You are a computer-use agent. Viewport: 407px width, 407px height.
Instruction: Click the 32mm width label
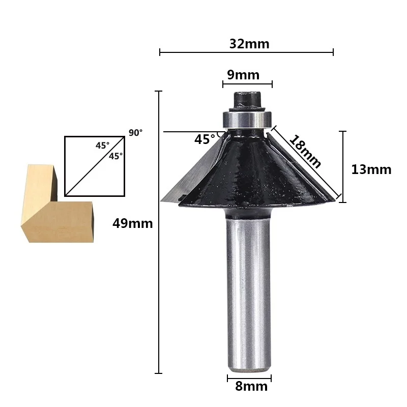pyautogui.click(x=249, y=44)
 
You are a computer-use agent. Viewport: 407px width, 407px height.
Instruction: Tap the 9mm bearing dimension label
pyautogui.click(x=243, y=75)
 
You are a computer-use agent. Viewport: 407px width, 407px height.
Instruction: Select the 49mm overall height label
pyautogui.click(x=132, y=223)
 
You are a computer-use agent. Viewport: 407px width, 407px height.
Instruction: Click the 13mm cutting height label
pyautogui.click(x=371, y=169)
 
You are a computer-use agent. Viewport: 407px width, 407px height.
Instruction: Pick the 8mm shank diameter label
pyautogui.click(x=251, y=387)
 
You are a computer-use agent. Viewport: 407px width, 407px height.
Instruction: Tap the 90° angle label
pyautogui.click(x=135, y=133)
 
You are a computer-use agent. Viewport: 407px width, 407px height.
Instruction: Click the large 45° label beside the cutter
pyautogui.click(x=205, y=139)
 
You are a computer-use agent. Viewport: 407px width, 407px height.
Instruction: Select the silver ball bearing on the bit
pyautogui.click(x=246, y=119)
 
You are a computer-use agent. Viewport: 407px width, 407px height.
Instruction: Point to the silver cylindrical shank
pyautogui.click(x=248, y=290)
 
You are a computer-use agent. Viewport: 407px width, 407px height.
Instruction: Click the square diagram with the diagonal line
pyautogui.click(x=95, y=166)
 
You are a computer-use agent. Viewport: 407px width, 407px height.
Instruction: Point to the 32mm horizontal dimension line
pyautogui.click(x=246, y=52)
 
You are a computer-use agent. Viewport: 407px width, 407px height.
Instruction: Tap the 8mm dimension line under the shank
pyautogui.click(x=249, y=378)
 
